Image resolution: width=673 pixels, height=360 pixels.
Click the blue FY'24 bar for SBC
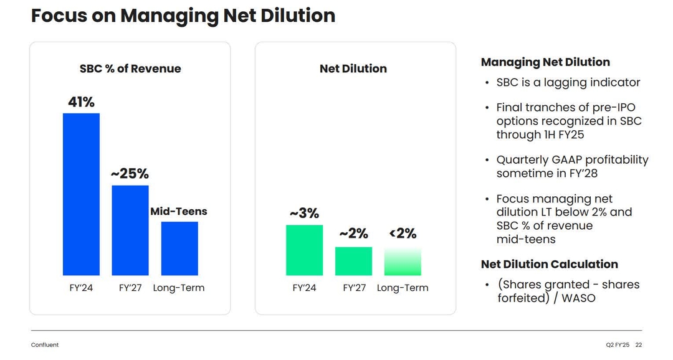[81, 194]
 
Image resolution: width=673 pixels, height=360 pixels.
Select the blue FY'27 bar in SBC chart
[130, 230]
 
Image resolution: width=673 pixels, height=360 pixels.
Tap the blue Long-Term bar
[179, 249]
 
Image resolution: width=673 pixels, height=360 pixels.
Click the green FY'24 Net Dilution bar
[304, 250]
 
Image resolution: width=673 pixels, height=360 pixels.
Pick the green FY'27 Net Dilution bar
[353, 262]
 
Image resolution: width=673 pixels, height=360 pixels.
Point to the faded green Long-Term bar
[403, 262]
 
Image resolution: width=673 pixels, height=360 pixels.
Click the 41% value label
[81, 102]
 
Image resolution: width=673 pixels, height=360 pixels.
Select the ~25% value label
[130, 174]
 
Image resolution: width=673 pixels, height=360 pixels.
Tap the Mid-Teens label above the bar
[179, 212]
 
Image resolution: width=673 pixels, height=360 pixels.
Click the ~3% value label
[304, 213]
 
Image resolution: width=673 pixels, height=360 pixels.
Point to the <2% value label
[403, 234]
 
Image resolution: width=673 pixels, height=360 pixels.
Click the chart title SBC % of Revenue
[130, 69]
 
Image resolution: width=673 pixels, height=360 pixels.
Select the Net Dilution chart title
[353, 69]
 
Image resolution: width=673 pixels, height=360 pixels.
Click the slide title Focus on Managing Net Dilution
[183, 16]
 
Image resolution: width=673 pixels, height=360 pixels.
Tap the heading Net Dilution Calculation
[550, 264]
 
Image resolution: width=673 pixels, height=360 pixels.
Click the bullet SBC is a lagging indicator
[568, 82]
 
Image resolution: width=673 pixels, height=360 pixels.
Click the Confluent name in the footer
[45, 344]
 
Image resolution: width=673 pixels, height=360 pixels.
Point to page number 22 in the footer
[639, 344]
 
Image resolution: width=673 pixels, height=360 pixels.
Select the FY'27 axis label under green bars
[353, 288]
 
